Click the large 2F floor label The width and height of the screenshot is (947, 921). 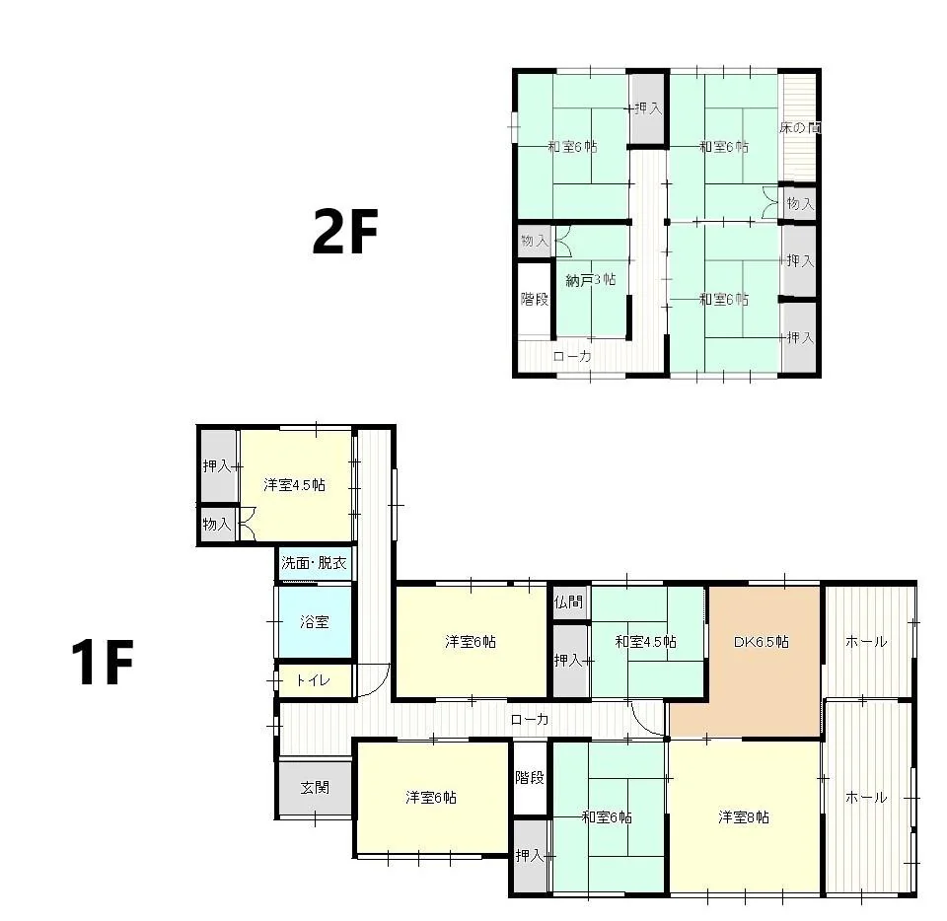click(x=345, y=231)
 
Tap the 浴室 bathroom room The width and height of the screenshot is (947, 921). click(x=314, y=621)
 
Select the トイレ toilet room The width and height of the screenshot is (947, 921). click(x=314, y=680)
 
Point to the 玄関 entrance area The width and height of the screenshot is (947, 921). click(x=315, y=788)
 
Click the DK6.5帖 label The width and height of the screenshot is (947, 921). click(x=761, y=642)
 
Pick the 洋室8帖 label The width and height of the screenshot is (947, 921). click(x=744, y=817)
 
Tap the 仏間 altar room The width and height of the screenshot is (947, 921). click(x=569, y=602)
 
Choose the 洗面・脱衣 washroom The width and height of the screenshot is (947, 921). click(x=314, y=563)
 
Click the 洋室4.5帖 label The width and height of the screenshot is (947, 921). click(x=294, y=484)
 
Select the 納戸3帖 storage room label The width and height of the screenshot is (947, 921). click(x=591, y=280)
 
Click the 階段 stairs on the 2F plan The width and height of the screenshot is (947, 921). click(x=535, y=299)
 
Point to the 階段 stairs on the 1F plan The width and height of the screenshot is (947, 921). click(x=530, y=778)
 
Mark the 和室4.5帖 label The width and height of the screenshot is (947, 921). click(x=645, y=642)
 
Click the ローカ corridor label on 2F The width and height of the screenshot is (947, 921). click(x=572, y=357)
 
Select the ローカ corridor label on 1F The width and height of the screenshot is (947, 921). click(x=530, y=720)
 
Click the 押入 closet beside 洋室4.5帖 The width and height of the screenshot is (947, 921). click(x=218, y=466)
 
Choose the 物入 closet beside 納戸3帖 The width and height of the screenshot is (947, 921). click(x=535, y=241)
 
